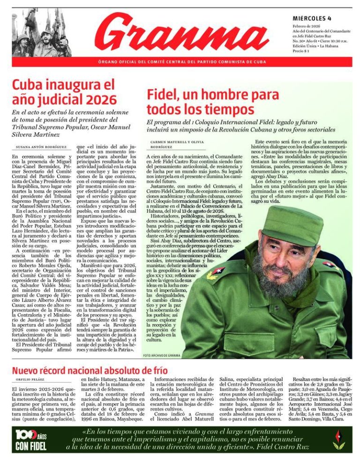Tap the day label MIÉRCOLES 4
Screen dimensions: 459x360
312,18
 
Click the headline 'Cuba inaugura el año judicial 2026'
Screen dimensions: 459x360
64,93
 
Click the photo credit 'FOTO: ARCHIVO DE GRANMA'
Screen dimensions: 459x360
162,355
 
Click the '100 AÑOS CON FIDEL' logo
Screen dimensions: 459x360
30,440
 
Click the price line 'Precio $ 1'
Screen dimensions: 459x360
302,51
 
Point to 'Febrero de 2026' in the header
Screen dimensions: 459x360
307,26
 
